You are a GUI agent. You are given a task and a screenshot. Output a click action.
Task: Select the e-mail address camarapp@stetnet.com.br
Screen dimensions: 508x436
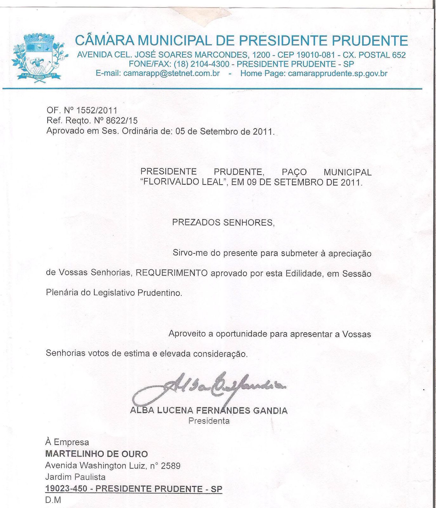pos(171,73)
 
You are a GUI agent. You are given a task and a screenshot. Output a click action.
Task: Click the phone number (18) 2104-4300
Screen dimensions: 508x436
pos(201,64)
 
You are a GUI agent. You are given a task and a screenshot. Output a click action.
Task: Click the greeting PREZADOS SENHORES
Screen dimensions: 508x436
pos(222,222)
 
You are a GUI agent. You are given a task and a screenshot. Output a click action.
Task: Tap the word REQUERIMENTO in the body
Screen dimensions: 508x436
pos(172,273)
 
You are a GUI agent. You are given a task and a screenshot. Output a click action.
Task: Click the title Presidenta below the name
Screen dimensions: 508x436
pos(209,421)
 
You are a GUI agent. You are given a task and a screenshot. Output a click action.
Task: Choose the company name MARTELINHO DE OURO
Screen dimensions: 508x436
pos(97,454)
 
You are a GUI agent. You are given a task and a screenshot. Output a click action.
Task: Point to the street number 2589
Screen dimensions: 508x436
pos(171,466)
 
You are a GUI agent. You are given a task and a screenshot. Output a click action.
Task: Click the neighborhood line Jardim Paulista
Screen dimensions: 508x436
pos(76,477)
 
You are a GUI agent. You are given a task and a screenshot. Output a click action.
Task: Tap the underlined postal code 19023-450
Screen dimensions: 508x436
pos(66,489)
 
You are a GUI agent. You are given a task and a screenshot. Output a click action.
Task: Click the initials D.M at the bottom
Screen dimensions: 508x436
pos(53,500)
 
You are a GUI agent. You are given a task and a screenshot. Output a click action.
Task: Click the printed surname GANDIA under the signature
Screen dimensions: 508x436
pos(270,411)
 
